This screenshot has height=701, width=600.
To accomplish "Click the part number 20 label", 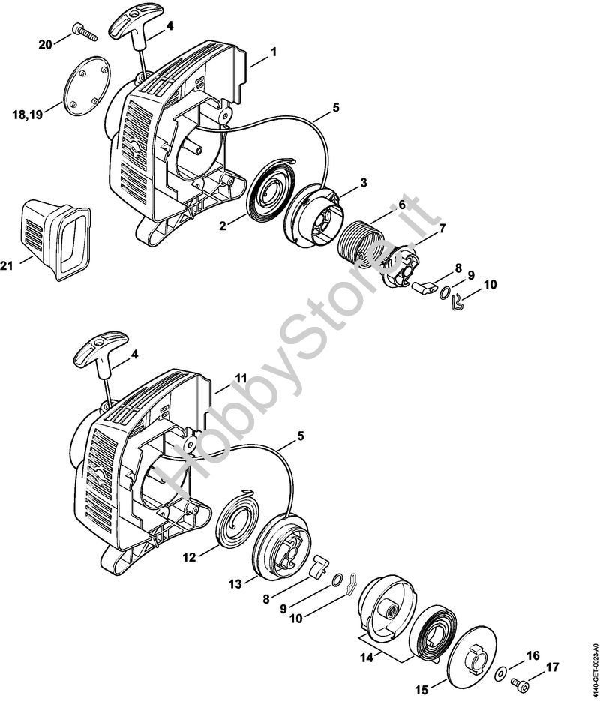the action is tap(45, 44).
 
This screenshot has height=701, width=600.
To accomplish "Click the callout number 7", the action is tap(442, 227).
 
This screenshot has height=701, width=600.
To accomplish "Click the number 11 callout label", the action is tap(240, 379).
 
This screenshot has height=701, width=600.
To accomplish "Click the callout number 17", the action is tap(552, 666).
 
